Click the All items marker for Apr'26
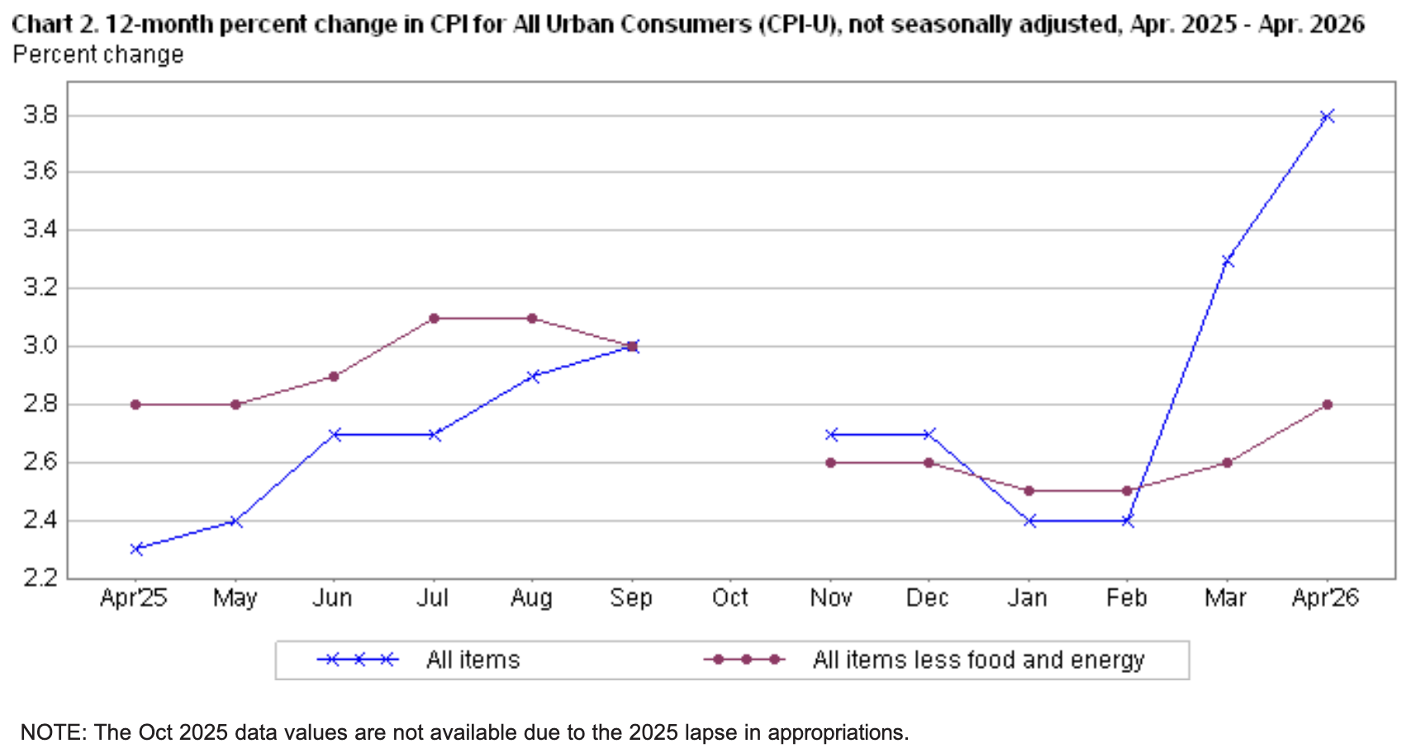pos(1327,116)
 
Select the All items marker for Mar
pos(1227,260)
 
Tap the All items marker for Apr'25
pos(135,548)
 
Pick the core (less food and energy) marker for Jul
pos(434,318)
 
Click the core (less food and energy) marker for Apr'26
pos(1327,405)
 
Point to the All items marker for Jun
pos(335,434)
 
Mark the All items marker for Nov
pos(831,434)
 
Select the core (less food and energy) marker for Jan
pos(1029,490)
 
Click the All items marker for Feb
pos(1128,521)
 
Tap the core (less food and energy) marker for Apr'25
pos(135,405)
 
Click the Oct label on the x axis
pos(730,597)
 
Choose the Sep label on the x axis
pos(631,598)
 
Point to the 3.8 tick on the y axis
pos(40,116)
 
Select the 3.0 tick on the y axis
pos(40,346)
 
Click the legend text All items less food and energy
pos(978,660)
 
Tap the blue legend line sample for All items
pos(358,660)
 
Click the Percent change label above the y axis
pos(98,54)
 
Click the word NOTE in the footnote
pos(52,732)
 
